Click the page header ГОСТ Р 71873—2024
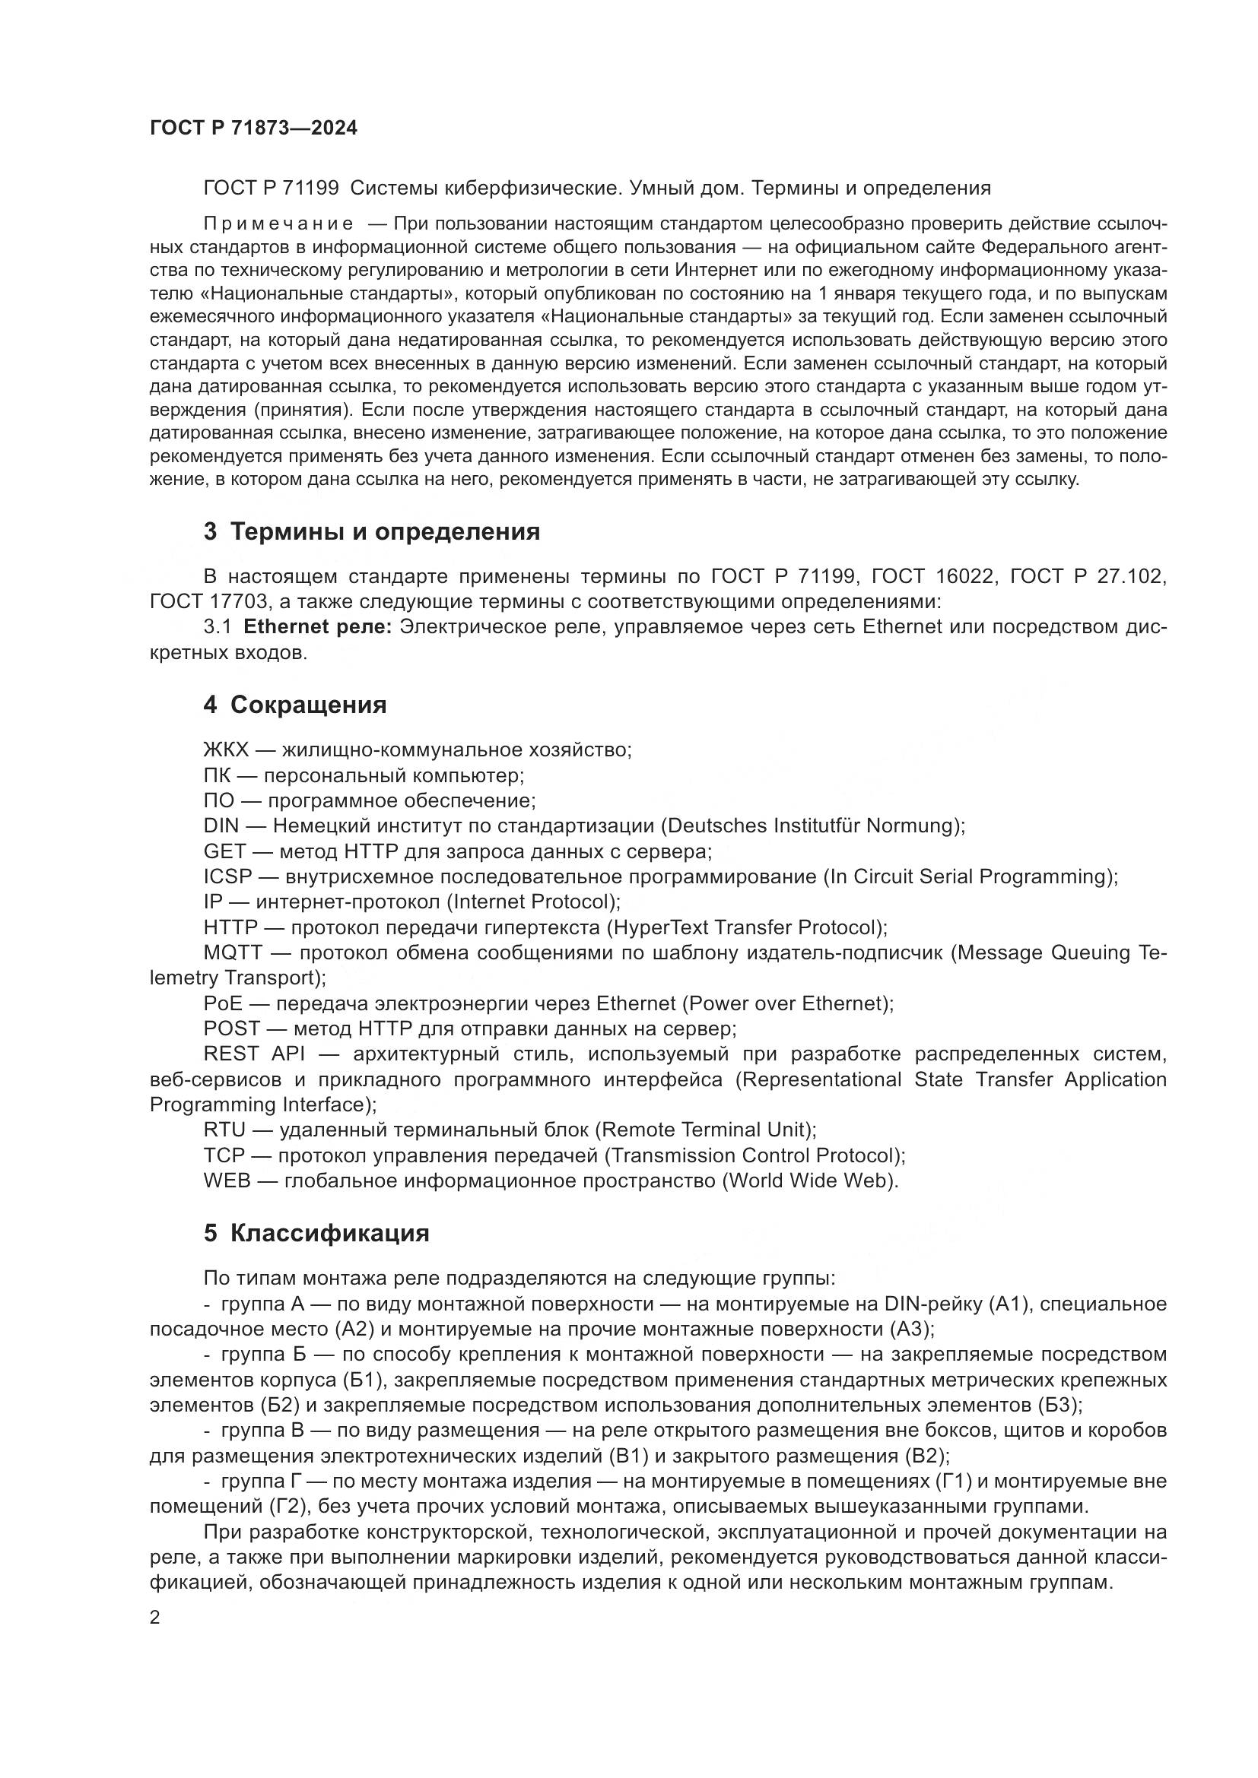(253, 128)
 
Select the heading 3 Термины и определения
(372, 532)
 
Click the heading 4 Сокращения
(294, 705)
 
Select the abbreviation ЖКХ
(225, 750)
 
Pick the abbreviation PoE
(223, 1003)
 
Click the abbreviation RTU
(224, 1130)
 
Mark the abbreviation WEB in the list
(227, 1181)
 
